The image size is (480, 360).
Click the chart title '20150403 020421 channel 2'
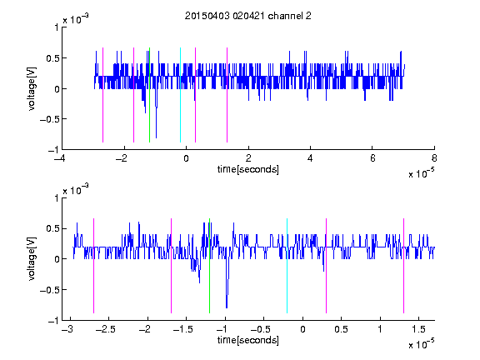[x=248, y=16]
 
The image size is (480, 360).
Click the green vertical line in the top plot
[x=149, y=95]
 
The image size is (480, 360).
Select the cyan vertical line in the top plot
[x=180, y=95]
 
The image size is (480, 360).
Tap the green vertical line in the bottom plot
[x=209, y=266]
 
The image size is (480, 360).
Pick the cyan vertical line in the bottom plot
[x=287, y=266]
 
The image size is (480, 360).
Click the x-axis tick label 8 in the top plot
[x=434, y=158]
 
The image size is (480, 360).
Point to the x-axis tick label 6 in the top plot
[x=372, y=158]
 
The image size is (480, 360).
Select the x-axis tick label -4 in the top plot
[x=60, y=158]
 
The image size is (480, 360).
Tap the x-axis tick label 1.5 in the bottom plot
[x=418, y=329]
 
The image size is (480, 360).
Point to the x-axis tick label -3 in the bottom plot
[x=67, y=329]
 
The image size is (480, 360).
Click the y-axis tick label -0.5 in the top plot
[x=49, y=119]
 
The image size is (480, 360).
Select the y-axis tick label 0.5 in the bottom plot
[x=52, y=228]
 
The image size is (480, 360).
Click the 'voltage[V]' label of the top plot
[x=32, y=89]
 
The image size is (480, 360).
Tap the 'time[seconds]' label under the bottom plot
[x=248, y=340]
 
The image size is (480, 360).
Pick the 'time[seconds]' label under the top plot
[x=248, y=169]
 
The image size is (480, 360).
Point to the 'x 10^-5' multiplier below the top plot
[x=421, y=173]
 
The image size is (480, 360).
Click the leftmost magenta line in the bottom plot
[x=93, y=266]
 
